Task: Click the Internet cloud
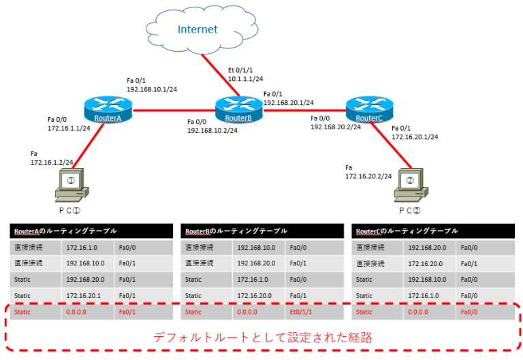[x=197, y=30]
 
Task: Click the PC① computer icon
[x=72, y=186]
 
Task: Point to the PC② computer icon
[x=411, y=186]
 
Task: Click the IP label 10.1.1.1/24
[x=245, y=79]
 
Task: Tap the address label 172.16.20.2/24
[x=368, y=176]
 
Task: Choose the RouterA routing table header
[x=65, y=231]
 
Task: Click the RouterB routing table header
[x=236, y=231]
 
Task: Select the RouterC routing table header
[x=407, y=231]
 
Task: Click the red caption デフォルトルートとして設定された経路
[x=262, y=337]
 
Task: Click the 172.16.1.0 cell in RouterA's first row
[x=82, y=247]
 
